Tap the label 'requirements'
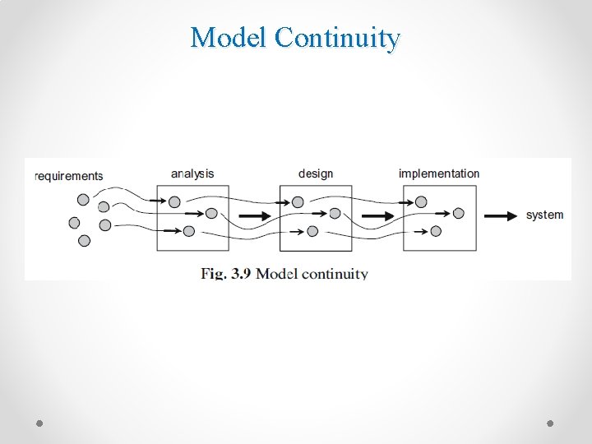pos(69,175)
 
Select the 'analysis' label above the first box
pos(192,173)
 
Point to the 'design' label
pos(316,173)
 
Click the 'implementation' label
pos(439,173)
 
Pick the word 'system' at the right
pos(544,215)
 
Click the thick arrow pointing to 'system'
pos(500,216)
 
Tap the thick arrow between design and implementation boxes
pos(377,216)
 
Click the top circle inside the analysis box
pos(174,201)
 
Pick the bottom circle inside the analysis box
pos(189,231)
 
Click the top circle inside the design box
pos(298,201)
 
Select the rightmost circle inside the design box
pos(335,213)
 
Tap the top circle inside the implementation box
pos(421,201)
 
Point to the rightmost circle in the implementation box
pos(458,213)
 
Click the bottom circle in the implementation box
pos(436,231)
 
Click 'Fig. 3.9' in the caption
pos(226,274)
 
